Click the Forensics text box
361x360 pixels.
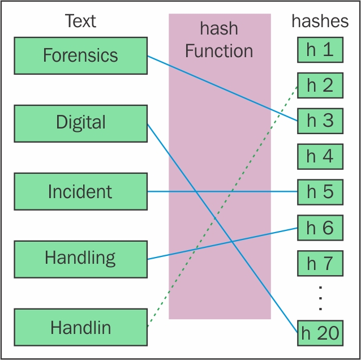coord(80,55)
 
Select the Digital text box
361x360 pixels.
coord(80,123)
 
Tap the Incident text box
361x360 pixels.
coord(80,191)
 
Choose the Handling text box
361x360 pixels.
coord(80,259)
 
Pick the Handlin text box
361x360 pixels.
coord(80,327)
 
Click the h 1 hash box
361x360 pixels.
coord(320,50)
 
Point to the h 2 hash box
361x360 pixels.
coord(320,85)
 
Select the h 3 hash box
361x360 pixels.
coord(320,121)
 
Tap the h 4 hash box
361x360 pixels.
coord(320,157)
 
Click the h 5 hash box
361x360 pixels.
coord(320,192)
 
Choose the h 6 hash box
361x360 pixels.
coord(320,228)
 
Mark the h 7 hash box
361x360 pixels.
coord(320,263)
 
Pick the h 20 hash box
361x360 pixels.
coord(320,333)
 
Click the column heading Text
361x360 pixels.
coord(80,21)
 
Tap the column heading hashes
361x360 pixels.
coord(320,21)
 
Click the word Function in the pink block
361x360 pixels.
coord(219,51)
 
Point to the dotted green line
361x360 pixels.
coord(222,207)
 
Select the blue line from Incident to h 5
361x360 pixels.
coord(222,191)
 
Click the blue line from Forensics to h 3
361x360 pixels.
coord(222,88)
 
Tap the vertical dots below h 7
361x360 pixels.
coord(320,298)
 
